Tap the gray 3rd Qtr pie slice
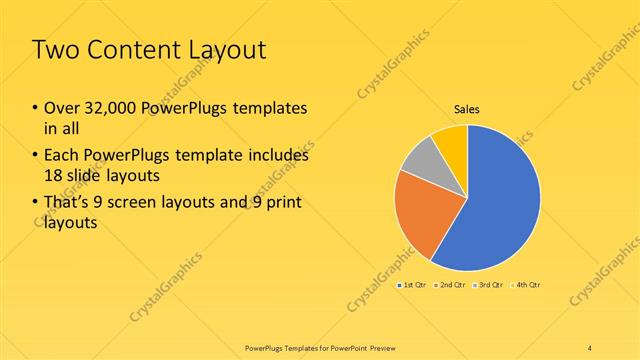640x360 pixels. tap(421, 161)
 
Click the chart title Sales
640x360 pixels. tap(467, 107)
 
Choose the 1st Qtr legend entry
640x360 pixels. tap(415, 285)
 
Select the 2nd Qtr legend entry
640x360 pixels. tap(453, 285)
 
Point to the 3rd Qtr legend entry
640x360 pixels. tap(491, 285)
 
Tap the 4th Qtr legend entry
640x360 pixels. tap(528, 285)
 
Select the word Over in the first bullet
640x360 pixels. tap(62, 108)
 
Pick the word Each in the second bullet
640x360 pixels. tap(62, 156)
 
